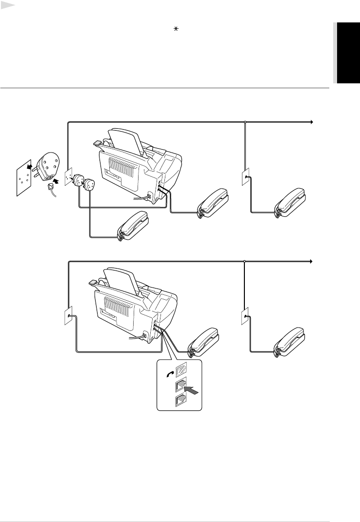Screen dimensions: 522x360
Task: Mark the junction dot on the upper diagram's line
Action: [245, 122]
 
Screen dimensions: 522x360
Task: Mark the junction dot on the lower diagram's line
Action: [244, 261]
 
